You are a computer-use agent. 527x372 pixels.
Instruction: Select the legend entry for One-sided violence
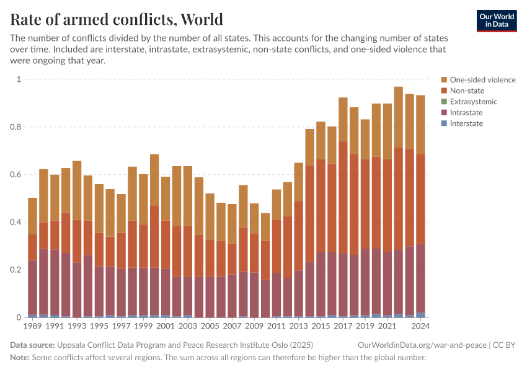[x=482, y=79]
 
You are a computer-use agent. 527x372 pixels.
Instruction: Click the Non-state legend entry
[x=467, y=91]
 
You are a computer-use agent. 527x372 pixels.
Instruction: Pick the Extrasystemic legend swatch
[x=444, y=102]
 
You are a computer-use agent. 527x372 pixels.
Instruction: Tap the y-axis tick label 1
[x=19, y=79]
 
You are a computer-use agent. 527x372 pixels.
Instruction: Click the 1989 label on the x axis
[x=33, y=325]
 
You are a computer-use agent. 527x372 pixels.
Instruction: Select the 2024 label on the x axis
[x=420, y=325]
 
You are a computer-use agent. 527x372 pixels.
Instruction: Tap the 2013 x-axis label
[x=298, y=325]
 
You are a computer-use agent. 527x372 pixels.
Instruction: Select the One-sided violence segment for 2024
[x=420, y=124]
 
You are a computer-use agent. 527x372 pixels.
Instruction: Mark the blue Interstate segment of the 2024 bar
[x=420, y=315]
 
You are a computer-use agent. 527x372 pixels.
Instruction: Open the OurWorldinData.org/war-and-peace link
[x=422, y=345]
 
